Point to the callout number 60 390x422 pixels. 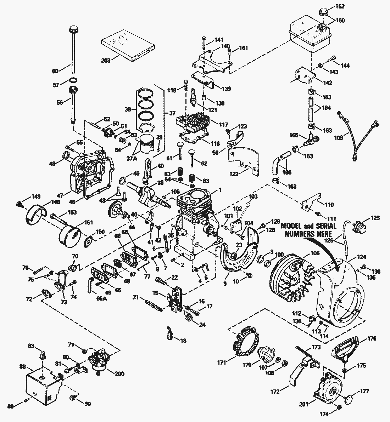[x=55, y=71]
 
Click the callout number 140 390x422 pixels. [x=225, y=46]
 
